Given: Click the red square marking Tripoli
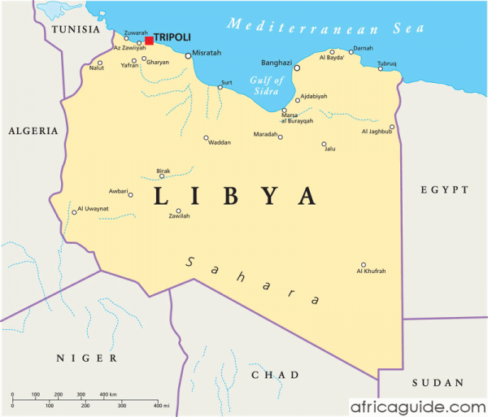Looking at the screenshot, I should point(149,41).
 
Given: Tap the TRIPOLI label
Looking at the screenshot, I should point(172,37).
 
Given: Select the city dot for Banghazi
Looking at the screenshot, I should point(297,68).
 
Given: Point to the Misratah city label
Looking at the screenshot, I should point(207,54).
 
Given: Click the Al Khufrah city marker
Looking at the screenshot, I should point(364,264).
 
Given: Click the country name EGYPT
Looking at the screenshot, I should point(445,189).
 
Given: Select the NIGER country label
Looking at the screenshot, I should point(86,358).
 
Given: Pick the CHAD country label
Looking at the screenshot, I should point(275,375).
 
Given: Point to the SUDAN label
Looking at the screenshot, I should point(437,382).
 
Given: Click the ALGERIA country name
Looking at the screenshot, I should point(33,130).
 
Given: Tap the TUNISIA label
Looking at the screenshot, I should point(76,29).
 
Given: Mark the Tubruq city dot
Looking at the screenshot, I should point(380,69).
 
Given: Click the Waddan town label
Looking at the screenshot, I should point(220,143).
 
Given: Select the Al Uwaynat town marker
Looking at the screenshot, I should point(74,212).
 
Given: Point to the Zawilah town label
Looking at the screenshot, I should point(179,217).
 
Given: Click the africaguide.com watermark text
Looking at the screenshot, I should point(417,405).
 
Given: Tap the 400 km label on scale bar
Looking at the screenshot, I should point(107,393).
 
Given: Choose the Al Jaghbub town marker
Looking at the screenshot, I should point(391,127).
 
